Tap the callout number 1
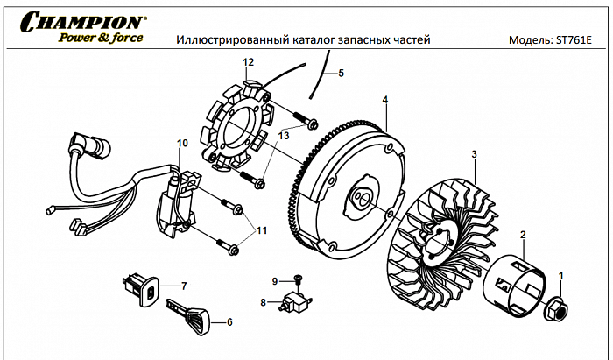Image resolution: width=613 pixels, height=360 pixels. pos(562,275)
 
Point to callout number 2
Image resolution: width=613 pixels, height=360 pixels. pos(523,234)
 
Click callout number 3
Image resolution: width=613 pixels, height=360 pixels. pos(474,155)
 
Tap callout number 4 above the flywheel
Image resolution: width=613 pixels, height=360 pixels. pos(384,100)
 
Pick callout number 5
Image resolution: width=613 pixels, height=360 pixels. pos(341,74)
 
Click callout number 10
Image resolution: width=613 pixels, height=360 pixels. pos(182,143)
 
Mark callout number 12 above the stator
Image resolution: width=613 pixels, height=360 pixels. pos(248,61)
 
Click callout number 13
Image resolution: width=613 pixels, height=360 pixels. pos(283,136)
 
